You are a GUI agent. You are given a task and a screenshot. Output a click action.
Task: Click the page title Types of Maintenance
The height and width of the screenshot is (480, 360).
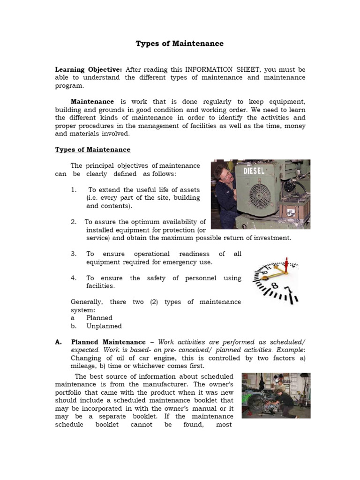coord(180,44)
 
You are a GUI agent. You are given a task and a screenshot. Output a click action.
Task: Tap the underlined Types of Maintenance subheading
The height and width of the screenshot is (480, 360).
coord(93,150)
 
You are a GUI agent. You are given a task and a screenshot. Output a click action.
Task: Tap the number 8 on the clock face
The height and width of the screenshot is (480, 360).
coord(275,285)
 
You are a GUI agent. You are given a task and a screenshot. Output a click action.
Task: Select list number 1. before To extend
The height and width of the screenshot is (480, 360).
coord(74,190)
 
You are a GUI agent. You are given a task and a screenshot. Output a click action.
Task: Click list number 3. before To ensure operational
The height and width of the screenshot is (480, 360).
coord(74,254)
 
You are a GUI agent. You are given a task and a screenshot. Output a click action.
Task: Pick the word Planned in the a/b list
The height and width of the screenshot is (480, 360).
coord(99,318)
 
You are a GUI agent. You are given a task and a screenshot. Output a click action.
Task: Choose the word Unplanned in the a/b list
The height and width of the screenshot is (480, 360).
coord(104,326)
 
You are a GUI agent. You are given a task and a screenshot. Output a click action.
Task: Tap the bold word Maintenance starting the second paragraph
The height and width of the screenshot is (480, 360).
coord(92,101)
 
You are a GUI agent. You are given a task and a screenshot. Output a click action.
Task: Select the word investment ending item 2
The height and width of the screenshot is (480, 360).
coord(271,238)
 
